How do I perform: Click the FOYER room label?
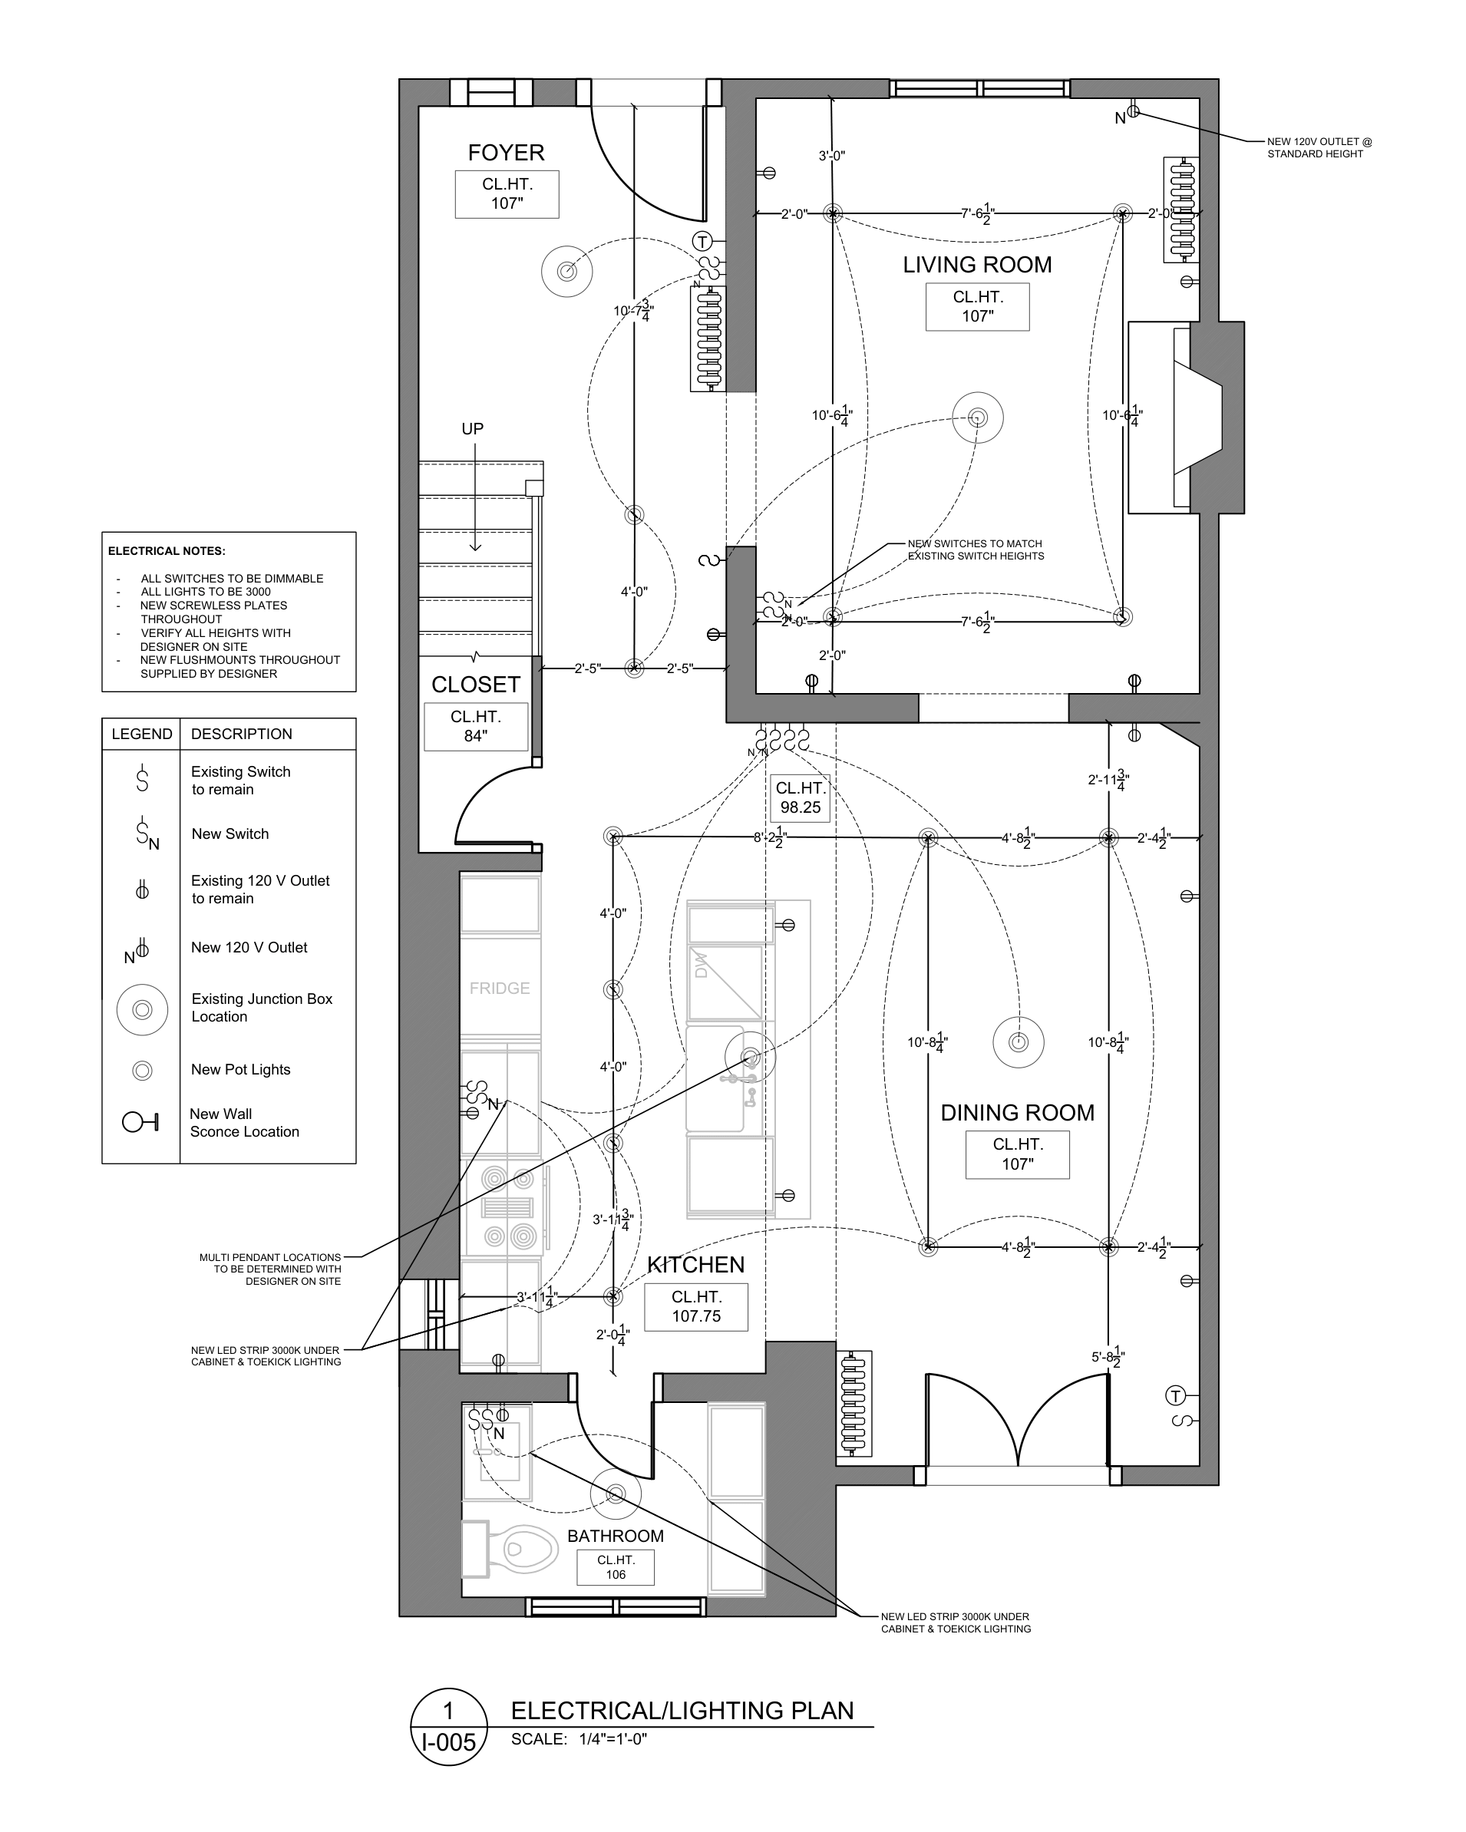pos(506,153)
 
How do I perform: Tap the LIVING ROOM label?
pos(976,265)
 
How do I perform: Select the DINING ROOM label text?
pos(1017,1112)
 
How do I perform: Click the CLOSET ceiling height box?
pos(476,727)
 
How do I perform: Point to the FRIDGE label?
pos(500,989)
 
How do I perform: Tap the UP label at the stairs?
pos(473,429)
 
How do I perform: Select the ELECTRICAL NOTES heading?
pos(167,550)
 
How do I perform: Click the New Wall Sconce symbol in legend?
pos(140,1123)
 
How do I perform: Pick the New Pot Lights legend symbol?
pos(143,1071)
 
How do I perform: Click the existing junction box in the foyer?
pos(567,272)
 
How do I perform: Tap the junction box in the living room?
pos(977,418)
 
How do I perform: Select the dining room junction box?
pos(1018,1042)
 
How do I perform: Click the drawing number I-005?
pos(449,1743)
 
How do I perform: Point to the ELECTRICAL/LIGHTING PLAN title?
pos(682,1711)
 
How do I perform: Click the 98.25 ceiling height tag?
pos(801,798)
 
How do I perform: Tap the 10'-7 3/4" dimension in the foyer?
pos(634,310)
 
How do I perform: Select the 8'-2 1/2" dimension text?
pos(770,838)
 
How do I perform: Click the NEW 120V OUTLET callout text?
pos(1319,148)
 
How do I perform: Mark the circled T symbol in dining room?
pos(1174,1395)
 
